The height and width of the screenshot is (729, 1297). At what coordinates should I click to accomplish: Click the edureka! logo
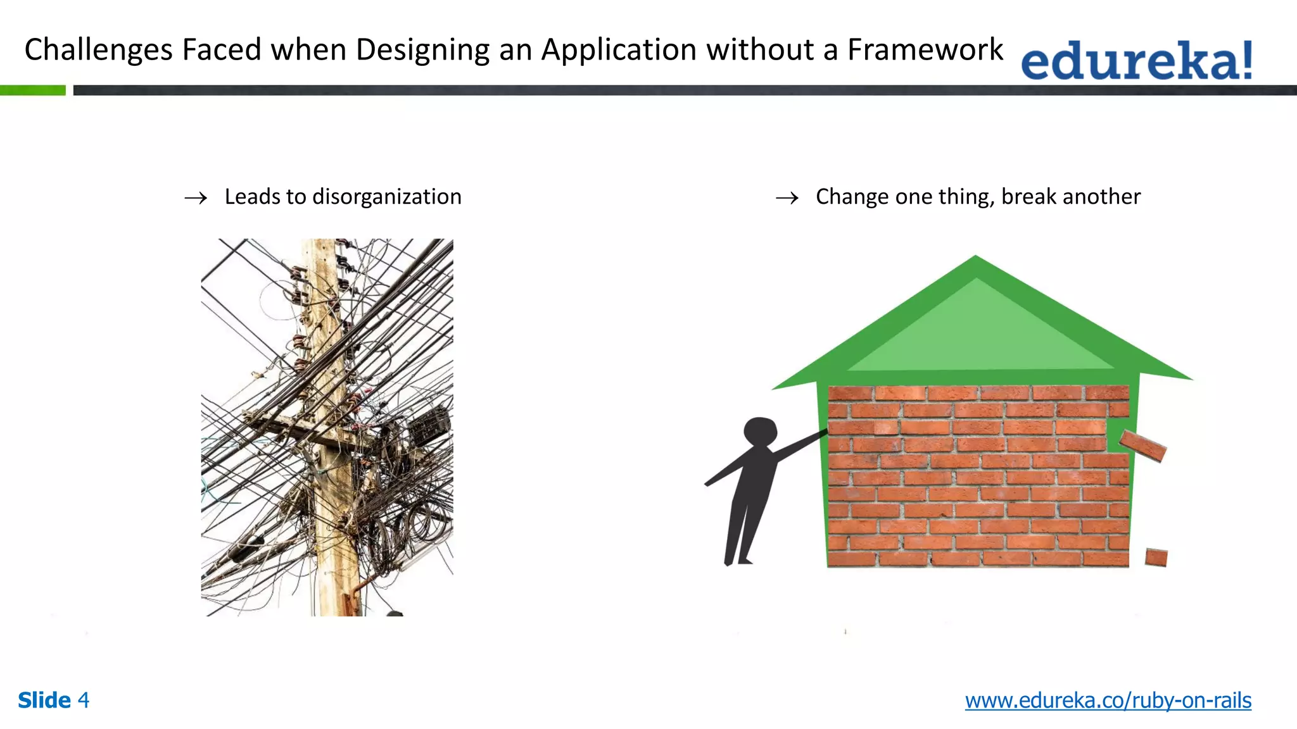1136,61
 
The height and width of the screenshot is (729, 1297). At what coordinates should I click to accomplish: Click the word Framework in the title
925,49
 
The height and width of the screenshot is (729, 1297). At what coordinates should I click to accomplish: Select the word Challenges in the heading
98,51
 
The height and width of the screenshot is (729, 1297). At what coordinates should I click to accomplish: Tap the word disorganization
387,197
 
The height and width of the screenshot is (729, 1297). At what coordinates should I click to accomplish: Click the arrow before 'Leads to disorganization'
196,198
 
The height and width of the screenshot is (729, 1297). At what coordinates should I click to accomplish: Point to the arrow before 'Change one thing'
787,198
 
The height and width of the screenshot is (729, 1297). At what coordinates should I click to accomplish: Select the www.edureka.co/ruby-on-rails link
1108,701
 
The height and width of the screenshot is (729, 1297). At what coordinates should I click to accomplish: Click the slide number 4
83,701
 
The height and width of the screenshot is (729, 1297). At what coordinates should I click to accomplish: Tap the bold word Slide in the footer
44,701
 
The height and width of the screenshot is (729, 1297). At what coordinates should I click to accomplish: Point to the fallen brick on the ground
1156,558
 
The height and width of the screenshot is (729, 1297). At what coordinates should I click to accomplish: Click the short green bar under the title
32,90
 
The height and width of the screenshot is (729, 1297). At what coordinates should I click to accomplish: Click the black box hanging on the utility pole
429,425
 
